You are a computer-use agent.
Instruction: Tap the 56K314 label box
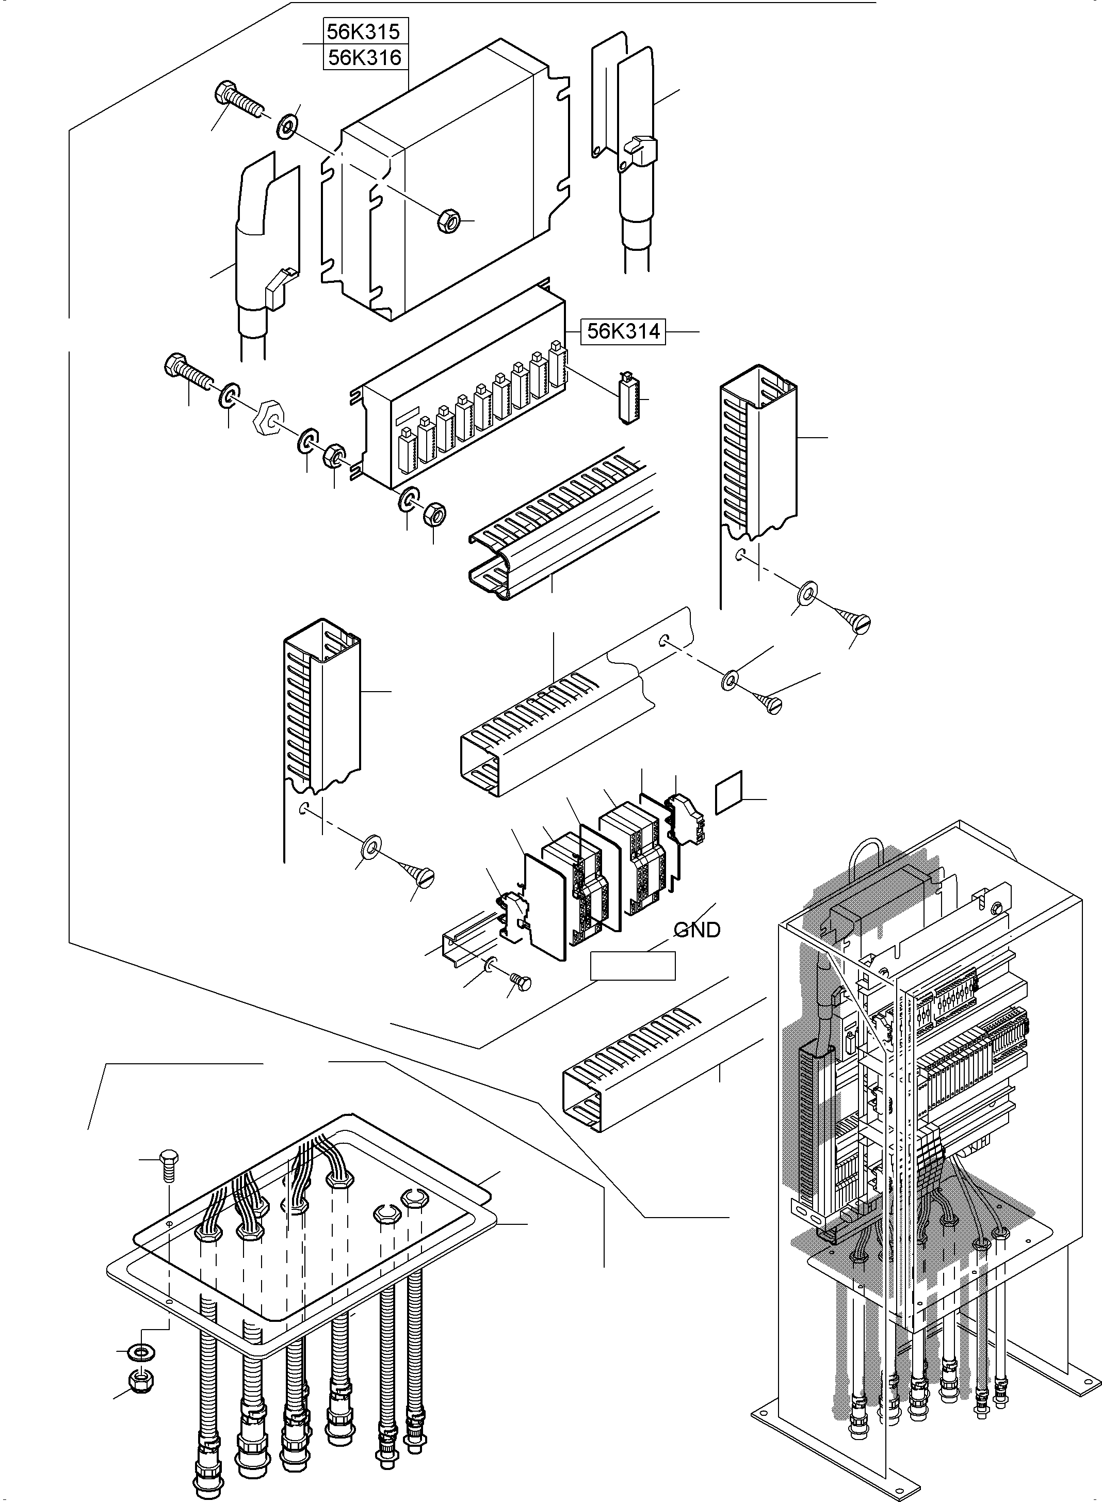(623, 331)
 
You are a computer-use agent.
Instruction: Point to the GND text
(697, 930)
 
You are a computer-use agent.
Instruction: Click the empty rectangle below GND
(633, 966)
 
